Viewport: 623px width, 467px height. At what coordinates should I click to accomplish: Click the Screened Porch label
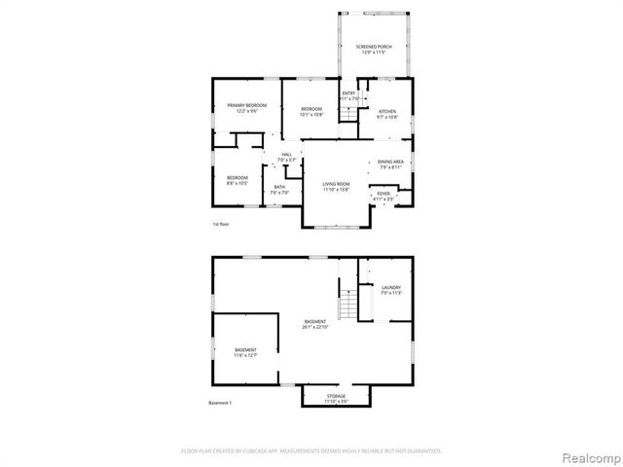point(373,48)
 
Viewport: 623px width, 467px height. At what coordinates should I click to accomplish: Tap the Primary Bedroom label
point(246,107)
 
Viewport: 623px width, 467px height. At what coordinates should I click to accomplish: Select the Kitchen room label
point(387,114)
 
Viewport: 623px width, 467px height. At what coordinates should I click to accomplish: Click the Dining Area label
point(391,164)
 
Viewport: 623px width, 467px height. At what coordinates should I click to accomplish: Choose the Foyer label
point(384,197)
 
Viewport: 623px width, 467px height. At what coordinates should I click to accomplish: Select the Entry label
point(348,95)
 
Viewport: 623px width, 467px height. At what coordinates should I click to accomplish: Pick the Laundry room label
point(391,290)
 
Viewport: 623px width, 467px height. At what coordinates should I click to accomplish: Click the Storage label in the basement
point(335,399)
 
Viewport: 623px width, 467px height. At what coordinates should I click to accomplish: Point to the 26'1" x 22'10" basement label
point(314,325)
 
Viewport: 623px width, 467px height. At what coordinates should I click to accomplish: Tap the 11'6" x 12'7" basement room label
point(245,352)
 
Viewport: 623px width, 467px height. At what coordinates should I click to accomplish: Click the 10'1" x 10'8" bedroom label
point(311,111)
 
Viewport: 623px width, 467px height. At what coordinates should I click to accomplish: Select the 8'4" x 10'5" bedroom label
point(238,180)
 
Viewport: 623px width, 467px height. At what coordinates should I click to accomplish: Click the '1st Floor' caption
point(220,225)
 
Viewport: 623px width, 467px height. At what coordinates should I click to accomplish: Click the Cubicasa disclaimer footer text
point(311,450)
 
